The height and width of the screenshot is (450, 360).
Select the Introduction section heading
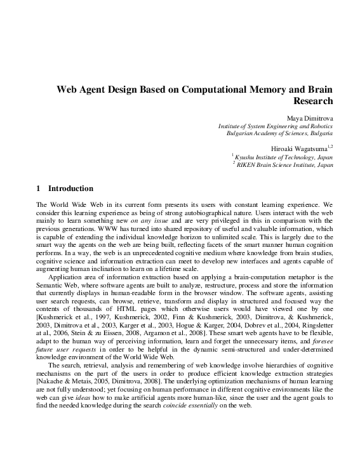(70, 189)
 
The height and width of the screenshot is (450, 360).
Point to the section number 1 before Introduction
(39, 189)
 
